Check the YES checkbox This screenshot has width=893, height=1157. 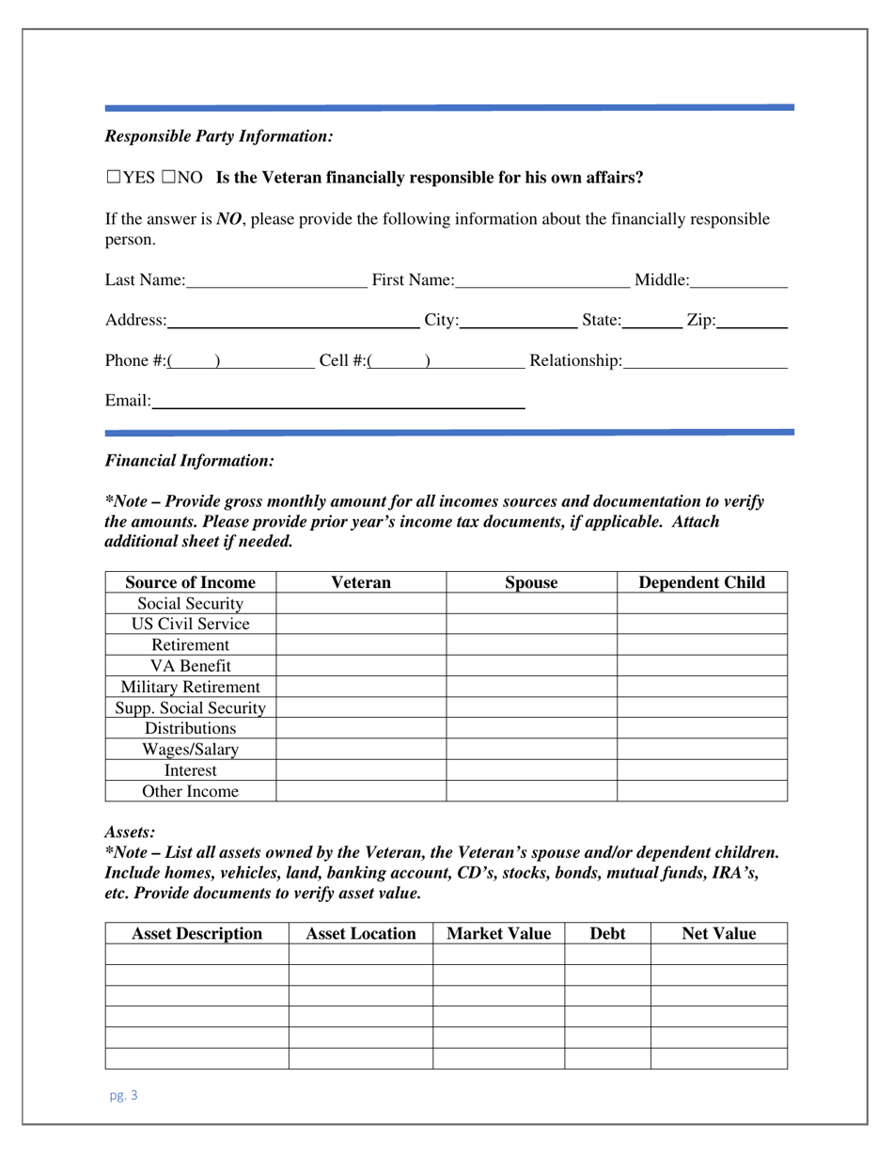click(x=113, y=177)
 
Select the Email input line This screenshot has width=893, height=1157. click(x=337, y=403)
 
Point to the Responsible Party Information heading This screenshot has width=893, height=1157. click(x=219, y=136)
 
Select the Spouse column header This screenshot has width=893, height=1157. click(x=531, y=582)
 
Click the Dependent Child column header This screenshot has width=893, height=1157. click(x=701, y=582)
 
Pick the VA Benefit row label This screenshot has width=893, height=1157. click(x=191, y=667)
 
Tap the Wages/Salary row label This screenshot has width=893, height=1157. click(x=191, y=750)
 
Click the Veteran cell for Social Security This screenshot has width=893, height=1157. click(x=361, y=604)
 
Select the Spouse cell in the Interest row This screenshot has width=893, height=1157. click(x=531, y=770)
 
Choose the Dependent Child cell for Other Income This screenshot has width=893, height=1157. click(x=701, y=791)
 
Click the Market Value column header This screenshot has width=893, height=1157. click(x=498, y=934)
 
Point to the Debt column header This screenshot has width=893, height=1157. click(x=607, y=934)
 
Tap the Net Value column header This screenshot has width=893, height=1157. click(x=718, y=934)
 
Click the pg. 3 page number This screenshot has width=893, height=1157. click(x=122, y=1095)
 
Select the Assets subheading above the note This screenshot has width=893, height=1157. click(x=130, y=832)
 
